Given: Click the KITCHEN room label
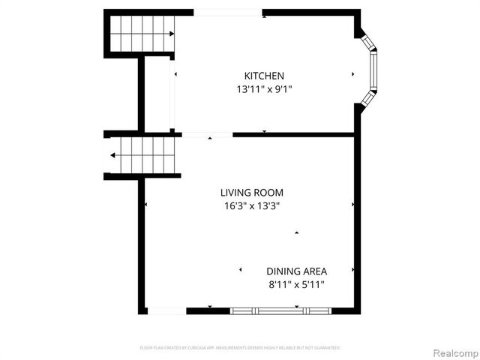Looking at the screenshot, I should (x=264, y=76).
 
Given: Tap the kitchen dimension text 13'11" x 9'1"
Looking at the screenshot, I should (x=264, y=89).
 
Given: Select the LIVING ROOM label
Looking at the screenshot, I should (x=251, y=193).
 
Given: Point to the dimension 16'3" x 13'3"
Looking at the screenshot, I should (x=251, y=205).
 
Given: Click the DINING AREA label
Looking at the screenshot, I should (x=296, y=271).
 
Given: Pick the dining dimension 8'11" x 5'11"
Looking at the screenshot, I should (x=296, y=284).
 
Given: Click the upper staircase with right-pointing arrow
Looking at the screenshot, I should (x=142, y=34).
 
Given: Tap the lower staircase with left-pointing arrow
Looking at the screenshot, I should (x=142, y=155).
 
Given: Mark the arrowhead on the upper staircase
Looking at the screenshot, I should (x=172, y=34).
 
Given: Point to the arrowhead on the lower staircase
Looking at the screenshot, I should (x=112, y=155).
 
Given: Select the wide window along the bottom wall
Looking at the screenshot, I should (x=280, y=310).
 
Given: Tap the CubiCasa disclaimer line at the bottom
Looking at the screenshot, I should (x=240, y=348).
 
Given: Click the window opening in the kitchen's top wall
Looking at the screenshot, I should (x=228, y=12).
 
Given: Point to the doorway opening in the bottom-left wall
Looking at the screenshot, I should (x=166, y=310).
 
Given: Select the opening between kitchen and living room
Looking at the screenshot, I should (x=207, y=135).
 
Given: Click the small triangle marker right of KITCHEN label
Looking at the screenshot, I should (x=352, y=74).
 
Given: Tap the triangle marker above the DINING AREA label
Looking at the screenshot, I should (x=296, y=232).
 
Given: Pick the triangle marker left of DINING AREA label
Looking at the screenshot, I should (x=240, y=270).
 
